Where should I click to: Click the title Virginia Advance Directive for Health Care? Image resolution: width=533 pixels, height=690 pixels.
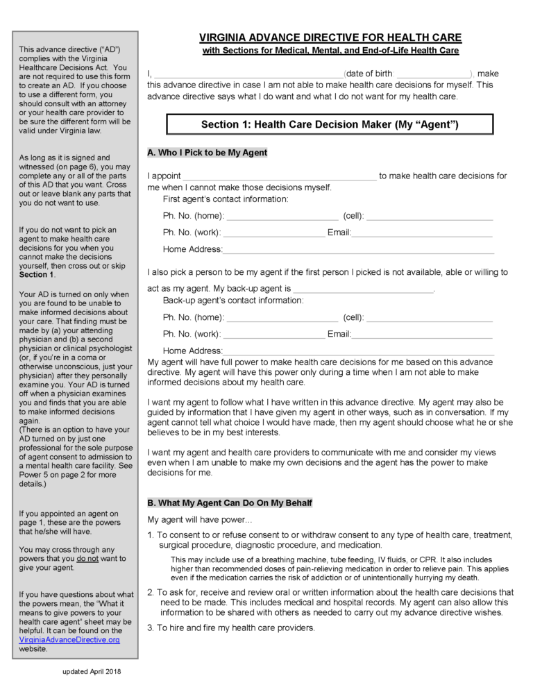coord(330,37)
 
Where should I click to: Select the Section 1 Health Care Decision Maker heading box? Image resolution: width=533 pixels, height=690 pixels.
coord(330,124)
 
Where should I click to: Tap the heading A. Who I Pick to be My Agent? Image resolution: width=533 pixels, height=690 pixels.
coord(207,153)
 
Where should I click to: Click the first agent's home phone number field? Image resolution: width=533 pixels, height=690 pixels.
coord(282,217)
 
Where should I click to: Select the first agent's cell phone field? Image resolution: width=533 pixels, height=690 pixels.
coord(430,217)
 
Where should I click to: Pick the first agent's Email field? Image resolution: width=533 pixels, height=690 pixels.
coord(422,233)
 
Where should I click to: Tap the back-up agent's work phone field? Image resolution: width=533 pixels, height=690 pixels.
coord(274,335)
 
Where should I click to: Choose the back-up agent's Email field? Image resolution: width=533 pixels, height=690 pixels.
coord(422,335)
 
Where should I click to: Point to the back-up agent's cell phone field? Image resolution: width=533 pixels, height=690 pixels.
coord(430,318)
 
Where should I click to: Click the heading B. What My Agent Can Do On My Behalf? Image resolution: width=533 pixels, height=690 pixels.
coord(230,503)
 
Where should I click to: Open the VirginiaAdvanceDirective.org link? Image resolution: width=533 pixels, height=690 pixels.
coord(69,639)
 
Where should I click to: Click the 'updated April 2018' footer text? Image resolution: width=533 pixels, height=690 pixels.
coord(91,671)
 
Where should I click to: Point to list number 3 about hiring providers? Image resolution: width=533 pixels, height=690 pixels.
coord(151,628)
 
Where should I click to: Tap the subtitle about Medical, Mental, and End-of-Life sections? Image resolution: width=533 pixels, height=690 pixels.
coord(330,51)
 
